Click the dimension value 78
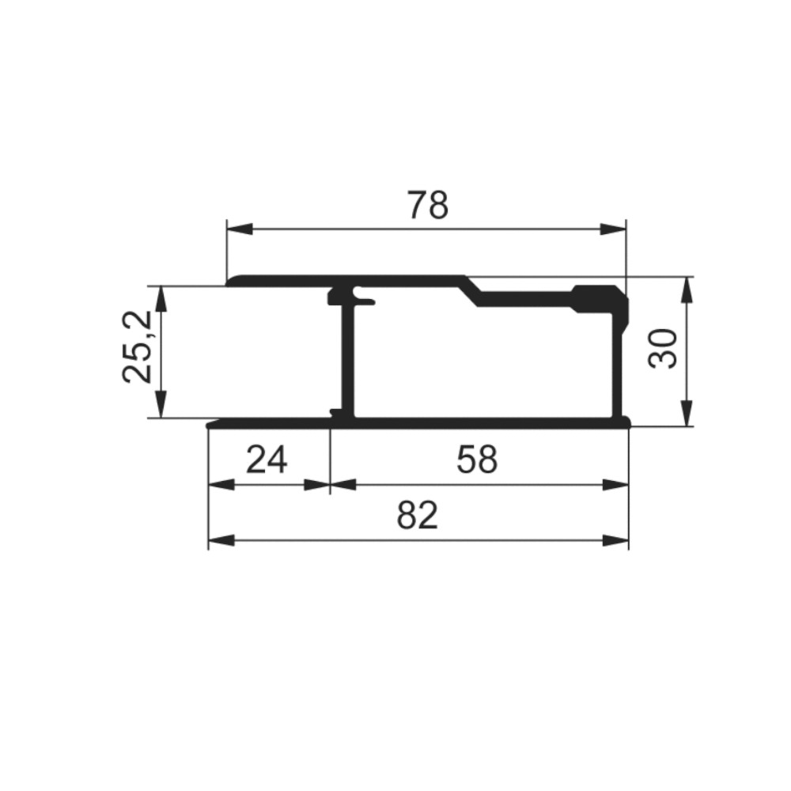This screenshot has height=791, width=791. coord(428,205)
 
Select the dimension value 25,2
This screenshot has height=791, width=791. coord(137,347)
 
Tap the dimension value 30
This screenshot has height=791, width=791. coord(663,349)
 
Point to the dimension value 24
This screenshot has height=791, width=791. coord(267,460)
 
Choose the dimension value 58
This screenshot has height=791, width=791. coord(477,460)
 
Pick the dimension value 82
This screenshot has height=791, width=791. coord(417,515)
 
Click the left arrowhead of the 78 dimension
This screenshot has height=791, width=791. coord(240,229)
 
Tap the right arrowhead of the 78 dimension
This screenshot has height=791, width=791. coord(613,229)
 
